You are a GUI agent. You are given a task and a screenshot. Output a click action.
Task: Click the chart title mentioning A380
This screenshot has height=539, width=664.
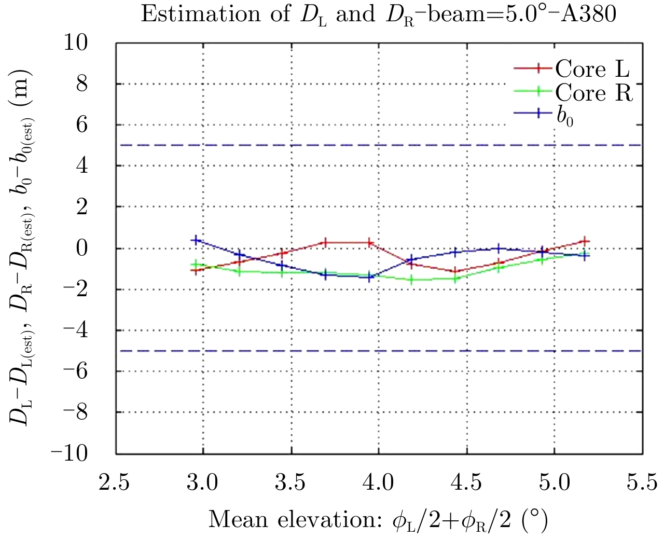click(378, 14)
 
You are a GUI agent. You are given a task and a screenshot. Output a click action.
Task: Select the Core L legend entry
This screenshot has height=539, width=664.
click(592, 68)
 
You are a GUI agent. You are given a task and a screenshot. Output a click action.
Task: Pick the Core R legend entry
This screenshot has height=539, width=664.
click(594, 92)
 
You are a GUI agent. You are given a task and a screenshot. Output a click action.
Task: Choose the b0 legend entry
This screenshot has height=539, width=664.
click(565, 115)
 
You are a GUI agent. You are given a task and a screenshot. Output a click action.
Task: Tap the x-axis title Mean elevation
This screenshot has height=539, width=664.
click(378, 519)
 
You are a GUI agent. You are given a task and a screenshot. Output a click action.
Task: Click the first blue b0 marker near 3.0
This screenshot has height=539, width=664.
click(196, 240)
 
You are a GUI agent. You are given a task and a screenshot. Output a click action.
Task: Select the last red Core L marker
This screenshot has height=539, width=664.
click(585, 241)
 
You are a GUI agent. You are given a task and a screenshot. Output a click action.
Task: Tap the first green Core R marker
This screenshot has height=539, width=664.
click(196, 264)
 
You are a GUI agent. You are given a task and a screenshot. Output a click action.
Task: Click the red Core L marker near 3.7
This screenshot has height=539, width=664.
click(325, 242)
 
